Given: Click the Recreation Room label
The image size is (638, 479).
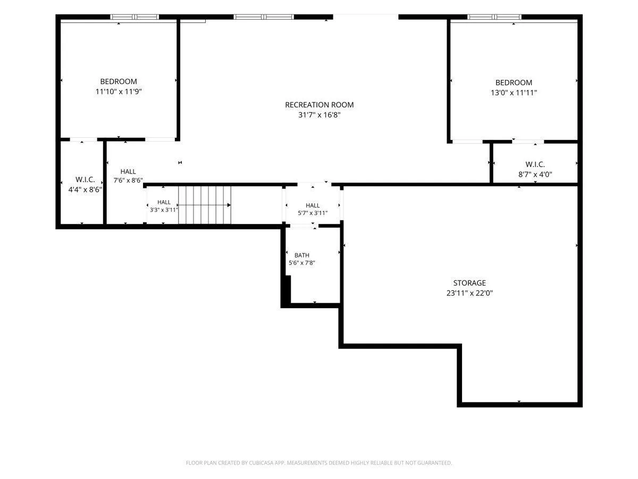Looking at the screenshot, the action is click(x=319, y=105).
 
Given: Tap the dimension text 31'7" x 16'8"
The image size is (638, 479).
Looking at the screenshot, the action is click(x=319, y=115).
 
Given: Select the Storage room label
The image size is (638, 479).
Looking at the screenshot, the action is click(x=469, y=283).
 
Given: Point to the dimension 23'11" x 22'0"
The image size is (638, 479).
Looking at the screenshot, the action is click(x=469, y=293).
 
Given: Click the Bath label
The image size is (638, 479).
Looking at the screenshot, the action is click(x=301, y=255).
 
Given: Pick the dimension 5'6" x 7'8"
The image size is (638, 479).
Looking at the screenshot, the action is click(x=301, y=263).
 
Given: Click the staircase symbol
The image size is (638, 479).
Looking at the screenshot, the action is click(x=204, y=205).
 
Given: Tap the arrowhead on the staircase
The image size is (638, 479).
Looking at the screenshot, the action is click(x=229, y=205).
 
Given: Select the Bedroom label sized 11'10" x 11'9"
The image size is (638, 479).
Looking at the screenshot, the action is click(x=119, y=81).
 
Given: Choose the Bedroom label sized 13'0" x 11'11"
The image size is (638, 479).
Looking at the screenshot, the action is click(x=514, y=82).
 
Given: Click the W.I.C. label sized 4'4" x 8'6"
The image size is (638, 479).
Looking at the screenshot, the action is click(x=85, y=179).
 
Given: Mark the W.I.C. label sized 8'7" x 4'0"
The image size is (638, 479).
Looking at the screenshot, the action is click(x=535, y=164).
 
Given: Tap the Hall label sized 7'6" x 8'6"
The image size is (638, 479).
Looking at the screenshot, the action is click(x=128, y=171).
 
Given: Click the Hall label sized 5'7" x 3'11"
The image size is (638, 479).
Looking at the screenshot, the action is click(x=313, y=205).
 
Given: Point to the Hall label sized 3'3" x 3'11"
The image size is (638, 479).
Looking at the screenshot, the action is click(x=164, y=202).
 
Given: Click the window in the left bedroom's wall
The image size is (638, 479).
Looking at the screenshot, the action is click(x=135, y=17).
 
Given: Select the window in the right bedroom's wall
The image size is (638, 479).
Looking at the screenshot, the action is click(x=494, y=17).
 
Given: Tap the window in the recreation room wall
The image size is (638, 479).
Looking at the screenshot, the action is click(x=264, y=17).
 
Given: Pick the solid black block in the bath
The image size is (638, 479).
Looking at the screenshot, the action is click(x=288, y=290).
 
